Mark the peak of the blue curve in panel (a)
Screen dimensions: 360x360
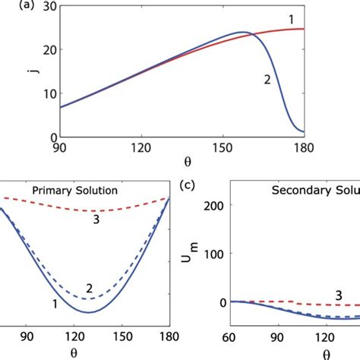(x=242, y=33)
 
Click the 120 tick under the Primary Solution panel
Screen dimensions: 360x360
(x=97, y=332)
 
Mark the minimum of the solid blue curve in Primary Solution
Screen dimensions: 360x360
(x=90, y=312)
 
